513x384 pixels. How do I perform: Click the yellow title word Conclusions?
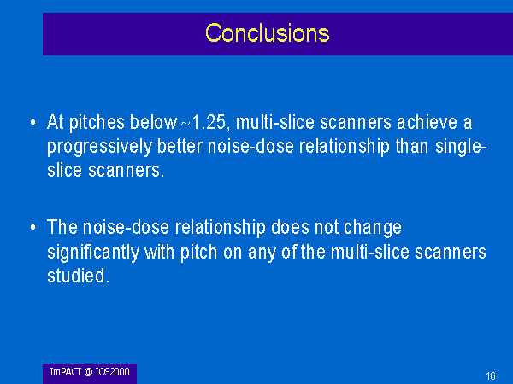click(268, 33)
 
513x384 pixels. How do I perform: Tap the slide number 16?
click(491, 376)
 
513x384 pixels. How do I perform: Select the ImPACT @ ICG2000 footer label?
click(90, 372)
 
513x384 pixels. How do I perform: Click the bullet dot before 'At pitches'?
click(32, 123)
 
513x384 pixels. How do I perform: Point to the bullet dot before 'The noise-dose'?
click(32, 227)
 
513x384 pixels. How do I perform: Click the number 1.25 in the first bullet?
click(209, 122)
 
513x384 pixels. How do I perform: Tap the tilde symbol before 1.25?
click(186, 124)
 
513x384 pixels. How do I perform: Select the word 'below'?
click(153, 122)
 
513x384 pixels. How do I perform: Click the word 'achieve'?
click(427, 122)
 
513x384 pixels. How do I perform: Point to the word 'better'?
click(180, 146)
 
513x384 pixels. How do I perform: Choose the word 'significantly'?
click(93, 253)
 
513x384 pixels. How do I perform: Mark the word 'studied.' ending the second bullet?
click(78, 276)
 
